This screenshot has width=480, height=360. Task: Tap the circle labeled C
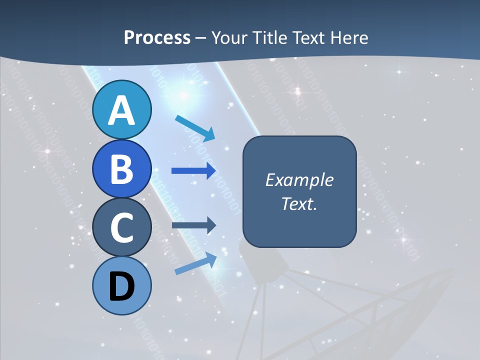(122, 227)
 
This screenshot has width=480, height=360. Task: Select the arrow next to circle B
(194, 171)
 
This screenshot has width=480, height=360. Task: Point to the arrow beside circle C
(194, 225)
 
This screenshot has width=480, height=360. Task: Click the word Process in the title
(157, 37)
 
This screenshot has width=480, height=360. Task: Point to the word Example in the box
(299, 180)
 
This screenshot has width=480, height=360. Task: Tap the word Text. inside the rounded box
(299, 203)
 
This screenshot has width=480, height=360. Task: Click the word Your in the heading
(229, 37)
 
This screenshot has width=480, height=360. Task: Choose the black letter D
(122, 287)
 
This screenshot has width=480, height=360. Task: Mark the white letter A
(122, 110)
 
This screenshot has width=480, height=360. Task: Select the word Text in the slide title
(307, 37)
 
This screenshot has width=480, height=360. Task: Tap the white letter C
(122, 227)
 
